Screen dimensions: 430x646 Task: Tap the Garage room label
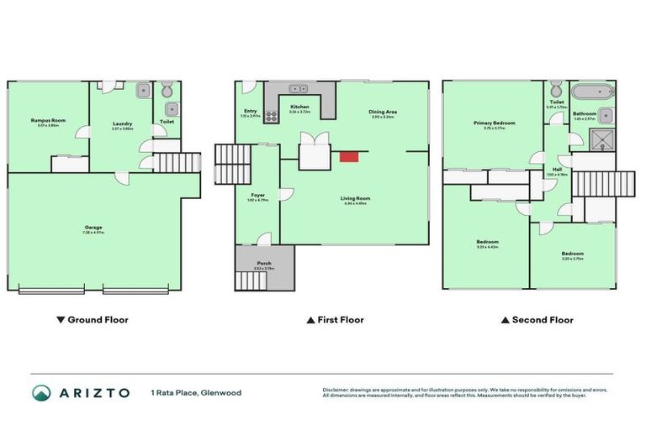[93, 227]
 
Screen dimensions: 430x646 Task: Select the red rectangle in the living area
[348, 155]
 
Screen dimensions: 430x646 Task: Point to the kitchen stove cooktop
[272, 117]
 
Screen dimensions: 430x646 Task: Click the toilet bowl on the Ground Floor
[166, 90]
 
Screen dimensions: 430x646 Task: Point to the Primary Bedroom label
[494, 123]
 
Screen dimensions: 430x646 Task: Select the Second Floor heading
[537, 320]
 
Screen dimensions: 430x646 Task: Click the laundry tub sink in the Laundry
[143, 90]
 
